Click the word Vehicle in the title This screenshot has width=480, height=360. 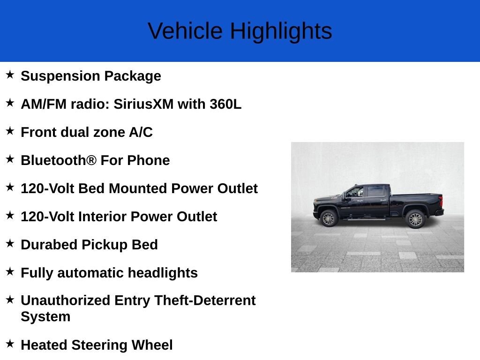pos(185,30)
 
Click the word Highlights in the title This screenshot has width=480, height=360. pos(281,31)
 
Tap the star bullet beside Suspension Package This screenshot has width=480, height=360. pos(10,75)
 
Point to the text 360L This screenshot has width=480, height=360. pos(225,104)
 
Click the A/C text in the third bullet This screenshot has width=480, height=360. pos(141,132)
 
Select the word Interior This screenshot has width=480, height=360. pos(105,217)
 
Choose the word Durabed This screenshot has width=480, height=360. pos(49,245)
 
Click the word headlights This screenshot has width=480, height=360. pos(163,273)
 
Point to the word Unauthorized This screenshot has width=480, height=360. pos(66,300)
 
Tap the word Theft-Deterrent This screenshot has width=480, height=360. pos(205,300)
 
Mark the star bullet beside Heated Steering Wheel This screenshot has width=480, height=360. pos(10,344)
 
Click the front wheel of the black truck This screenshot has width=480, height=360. pos(329,218)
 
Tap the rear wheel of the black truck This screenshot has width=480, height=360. pos(415,219)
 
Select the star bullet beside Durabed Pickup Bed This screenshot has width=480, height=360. pos(10,243)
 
